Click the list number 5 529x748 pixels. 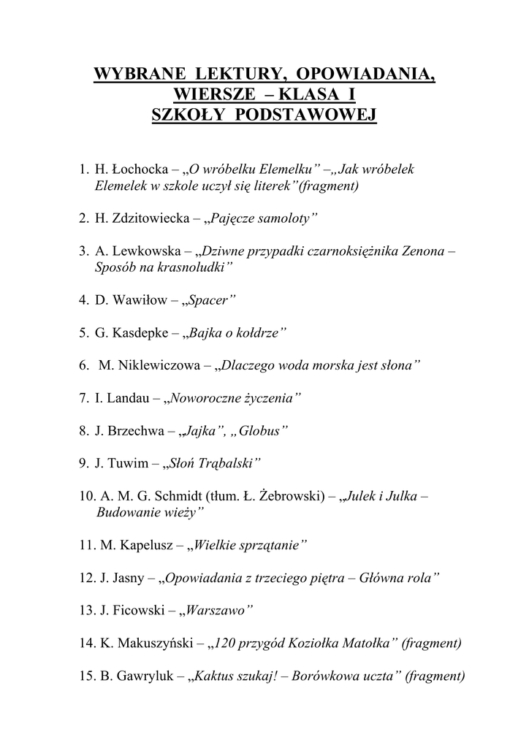[83, 332]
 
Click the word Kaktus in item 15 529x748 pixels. [217, 676]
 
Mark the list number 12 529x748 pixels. [86, 578]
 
